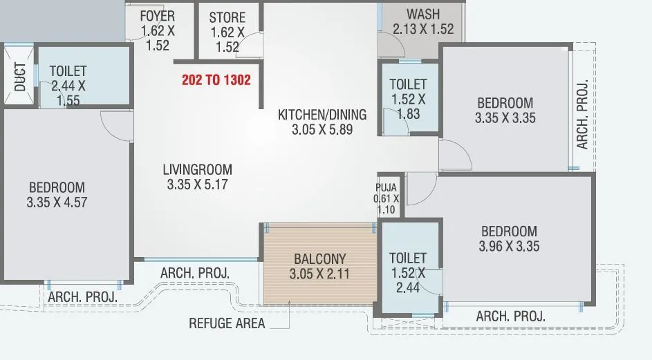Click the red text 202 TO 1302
[216, 79]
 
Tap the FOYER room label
[157, 16]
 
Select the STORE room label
[227, 17]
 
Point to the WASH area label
[423, 15]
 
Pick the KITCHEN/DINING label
[322, 114]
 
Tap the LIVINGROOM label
[198, 169]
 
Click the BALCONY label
[319, 258]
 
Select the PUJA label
[386, 187]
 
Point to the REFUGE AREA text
[227, 323]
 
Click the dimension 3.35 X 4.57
[57, 202]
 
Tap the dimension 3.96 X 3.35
[509, 246]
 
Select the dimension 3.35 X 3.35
[505, 118]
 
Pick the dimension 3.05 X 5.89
[322, 129]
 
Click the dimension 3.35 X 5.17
[198, 184]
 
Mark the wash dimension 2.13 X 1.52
[423, 29]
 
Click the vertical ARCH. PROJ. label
[582, 115]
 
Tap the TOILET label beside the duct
[68, 70]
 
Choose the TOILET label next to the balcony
[408, 258]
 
